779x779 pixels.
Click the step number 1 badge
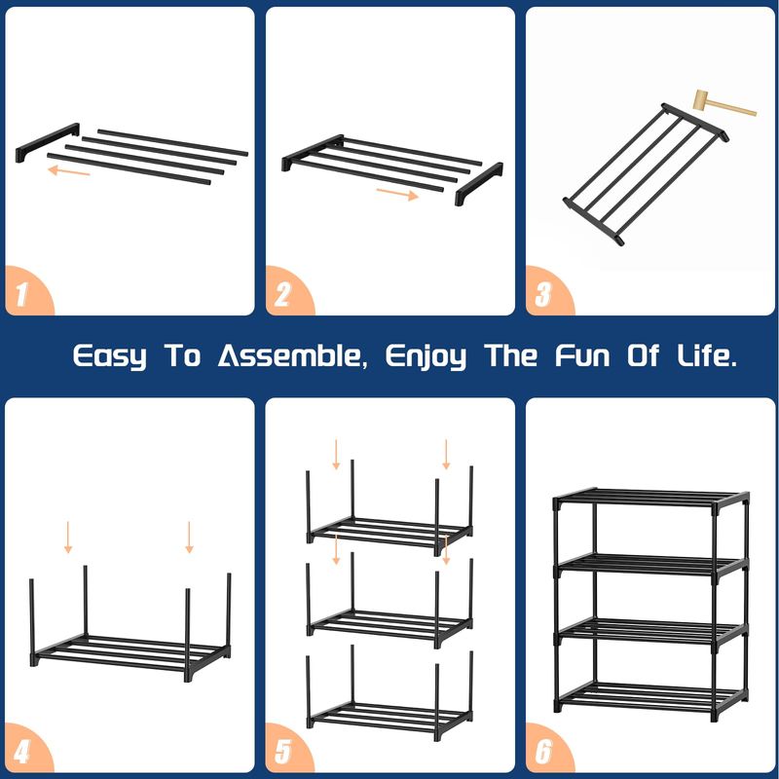pos(26,292)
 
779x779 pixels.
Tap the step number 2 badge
pos(286,292)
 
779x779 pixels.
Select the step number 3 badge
pos(546,292)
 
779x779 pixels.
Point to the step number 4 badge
pos(26,749)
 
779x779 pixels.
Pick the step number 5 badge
pos(286,749)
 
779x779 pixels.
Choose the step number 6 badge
pos(546,749)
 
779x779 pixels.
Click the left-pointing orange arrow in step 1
pos(68,171)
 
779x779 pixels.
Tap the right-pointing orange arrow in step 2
pos(397,194)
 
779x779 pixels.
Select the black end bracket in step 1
pos(47,142)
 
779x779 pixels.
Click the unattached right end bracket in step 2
pos(479,184)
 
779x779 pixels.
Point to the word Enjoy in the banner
pos(426,356)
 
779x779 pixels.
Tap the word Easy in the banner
pos(110,356)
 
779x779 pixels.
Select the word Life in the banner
pos(707,355)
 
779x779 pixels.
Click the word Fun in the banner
pos(582,355)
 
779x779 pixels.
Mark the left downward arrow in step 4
pos(68,538)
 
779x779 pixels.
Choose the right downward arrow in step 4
pos(189,538)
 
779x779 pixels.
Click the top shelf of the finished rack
pos(650,498)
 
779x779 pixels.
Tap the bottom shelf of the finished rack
pos(650,694)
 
